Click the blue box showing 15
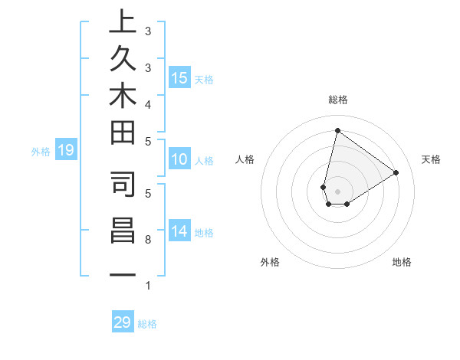click(x=179, y=77)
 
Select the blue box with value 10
click(x=179, y=160)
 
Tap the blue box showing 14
click(x=179, y=231)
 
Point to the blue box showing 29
click(x=123, y=322)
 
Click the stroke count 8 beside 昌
click(x=148, y=240)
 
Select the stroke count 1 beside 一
click(x=148, y=285)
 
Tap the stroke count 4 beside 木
click(x=148, y=103)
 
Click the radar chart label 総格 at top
click(x=338, y=100)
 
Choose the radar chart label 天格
click(x=431, y=159)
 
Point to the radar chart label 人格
click(x=245, y=159)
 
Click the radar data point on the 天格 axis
click(x=396, y=173)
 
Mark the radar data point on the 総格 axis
click(x=337, y=130)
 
